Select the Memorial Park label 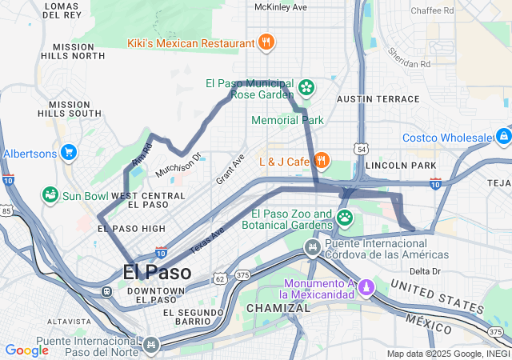pyautogui.click(x=287, y=120)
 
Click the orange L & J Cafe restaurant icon pyautogui.click(x=321, y=160)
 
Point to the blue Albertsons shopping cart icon pyautogui.click(x=69, y=152)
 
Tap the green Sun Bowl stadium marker pyautogui.click(x=50, y=195)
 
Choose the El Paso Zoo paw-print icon pyautogui.click(x=345, y=217)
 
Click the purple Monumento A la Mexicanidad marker pyautogui.click(x=366, y=286)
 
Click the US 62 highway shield pyautogui.click(x=219, y=278)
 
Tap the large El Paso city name pyautogui.click(x=157, y=272)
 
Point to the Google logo pyautogui.click(x=26, y=350)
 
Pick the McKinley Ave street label pyautogui.click(x=280, y=7)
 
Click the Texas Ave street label pyautogui.click(x=208, y=238)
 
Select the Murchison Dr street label pyautogui.click(x=178, y=166)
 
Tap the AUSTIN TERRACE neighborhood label pyautogui.click(x=378, y=99)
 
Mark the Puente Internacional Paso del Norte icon pyautogui.click(x=150, y=344)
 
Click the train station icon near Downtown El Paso pyautogui.click(x=106, y=291)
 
